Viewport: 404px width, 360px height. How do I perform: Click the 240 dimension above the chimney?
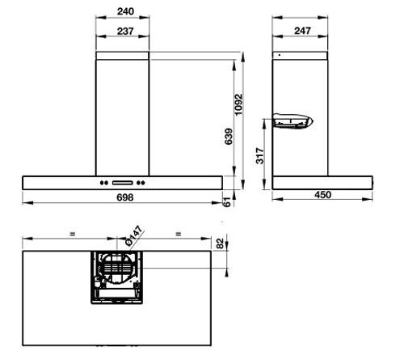coord(124,13)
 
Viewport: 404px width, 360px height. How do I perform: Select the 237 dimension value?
coord(124,32)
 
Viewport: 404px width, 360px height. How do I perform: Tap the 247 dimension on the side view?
coord(301,32)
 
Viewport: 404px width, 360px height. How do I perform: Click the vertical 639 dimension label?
coord(229,139)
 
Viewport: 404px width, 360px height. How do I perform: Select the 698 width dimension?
coord(124,197)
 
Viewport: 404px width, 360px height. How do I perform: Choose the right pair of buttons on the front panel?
coord(143,181)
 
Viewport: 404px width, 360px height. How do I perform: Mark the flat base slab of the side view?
coord(323,182)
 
